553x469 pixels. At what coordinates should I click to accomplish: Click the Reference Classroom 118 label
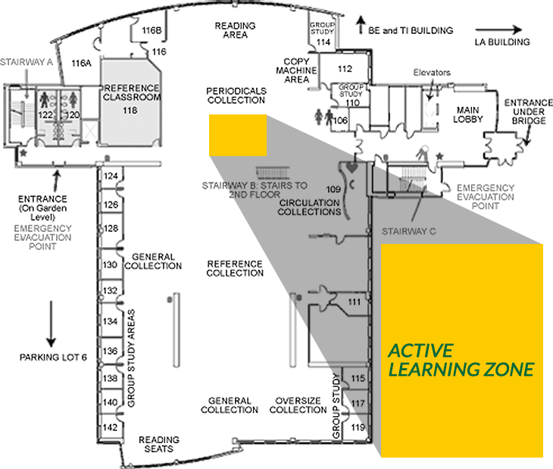131,99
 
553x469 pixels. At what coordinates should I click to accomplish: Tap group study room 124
111,176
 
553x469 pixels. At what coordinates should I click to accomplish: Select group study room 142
110,427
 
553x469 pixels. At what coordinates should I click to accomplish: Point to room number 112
345,69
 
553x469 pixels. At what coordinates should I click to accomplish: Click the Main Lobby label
467,114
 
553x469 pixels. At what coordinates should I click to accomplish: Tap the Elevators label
432,73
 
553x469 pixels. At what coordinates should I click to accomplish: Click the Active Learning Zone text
461,360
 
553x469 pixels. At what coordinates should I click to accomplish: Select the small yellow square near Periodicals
238,135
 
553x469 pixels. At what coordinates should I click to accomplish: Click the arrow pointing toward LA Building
498,30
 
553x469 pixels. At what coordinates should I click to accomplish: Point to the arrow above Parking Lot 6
52,324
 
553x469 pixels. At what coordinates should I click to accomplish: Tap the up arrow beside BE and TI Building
361,25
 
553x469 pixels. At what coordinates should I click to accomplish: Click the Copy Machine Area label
296,70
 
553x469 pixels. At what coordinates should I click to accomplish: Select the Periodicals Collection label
236,95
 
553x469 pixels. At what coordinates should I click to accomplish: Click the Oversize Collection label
298,405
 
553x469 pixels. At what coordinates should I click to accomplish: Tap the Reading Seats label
159,444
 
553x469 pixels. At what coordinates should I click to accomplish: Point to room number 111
354,302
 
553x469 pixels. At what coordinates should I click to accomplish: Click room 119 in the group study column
358,427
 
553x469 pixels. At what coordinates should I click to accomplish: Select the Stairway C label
409,231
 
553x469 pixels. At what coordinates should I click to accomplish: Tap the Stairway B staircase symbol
273,173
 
